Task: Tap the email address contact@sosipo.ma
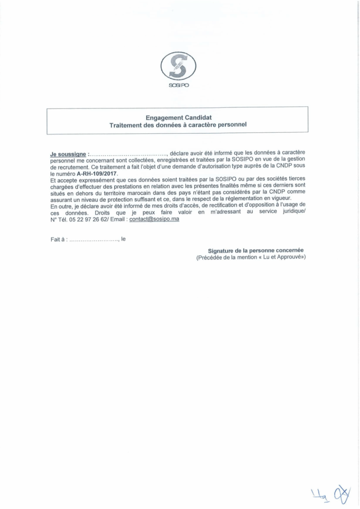154,219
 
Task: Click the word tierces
295,180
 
